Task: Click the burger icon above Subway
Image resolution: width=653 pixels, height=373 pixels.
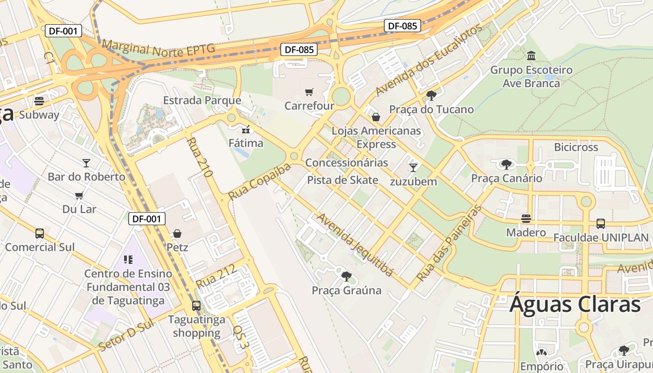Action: pyautogui.click(x=39, y=101)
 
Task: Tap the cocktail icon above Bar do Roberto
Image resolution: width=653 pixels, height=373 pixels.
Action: pyautogui.click(x=86, y=163)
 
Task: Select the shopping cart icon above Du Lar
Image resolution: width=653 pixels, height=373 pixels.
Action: pyautogui.click(x=79, y=195)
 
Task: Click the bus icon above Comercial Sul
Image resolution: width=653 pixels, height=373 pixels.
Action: pyautogui.click(x=40, y=233)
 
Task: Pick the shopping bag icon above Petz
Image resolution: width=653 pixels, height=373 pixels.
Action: pyautogui.click(x=177, y=233)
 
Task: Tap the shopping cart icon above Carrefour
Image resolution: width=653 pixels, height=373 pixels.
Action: pyautogui.click(x=309, y=92)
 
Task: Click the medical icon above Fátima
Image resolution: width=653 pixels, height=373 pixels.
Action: pyautogui.click(x=246, y=130)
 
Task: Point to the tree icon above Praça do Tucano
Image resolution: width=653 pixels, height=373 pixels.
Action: pyautogui.click(x=431, y=96)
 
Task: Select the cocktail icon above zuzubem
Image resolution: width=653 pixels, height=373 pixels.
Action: pyautogui.click(x=413, y=167)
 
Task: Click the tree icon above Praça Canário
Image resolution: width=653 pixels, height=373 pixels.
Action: pyautogui.click(x=507, y=164)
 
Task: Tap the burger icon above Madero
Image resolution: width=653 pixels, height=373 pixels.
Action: pyautogui.click(x=526, y=219)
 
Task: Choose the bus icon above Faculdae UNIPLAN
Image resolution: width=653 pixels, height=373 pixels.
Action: pyautogui.click(x=601, y=224)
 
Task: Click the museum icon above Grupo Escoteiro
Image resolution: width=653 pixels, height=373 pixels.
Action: pyautogui.click(x=531, y=56)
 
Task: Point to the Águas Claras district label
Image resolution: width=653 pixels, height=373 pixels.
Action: pyautogui.click(x=575, y=304)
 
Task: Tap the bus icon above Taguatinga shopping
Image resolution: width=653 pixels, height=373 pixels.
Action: pyautogui.click(x=196, y=306)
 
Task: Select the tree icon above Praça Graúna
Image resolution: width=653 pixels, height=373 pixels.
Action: pyautogui.click(x=346, y=276)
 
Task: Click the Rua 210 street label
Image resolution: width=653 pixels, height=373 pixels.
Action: pyautogui.click(x=200, y=157)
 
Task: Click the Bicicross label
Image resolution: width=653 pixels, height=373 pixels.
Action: pyautogui.click(x=576, y=147)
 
